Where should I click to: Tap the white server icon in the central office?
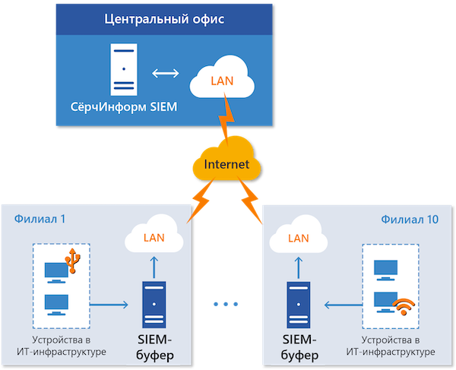click(x=122, y=68)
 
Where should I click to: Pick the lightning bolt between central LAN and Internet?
click(x=226, y=122)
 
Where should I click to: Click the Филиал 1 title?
click(x=40, y=219)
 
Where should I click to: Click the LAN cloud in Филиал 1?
click(x=154, y=238)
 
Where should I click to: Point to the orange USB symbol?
click(x=74, y=259)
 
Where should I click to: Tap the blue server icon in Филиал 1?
click(x=154, y=305)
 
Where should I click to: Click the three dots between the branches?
click(x=226, y=304)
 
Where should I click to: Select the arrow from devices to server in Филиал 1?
click(x=110, y=306)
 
